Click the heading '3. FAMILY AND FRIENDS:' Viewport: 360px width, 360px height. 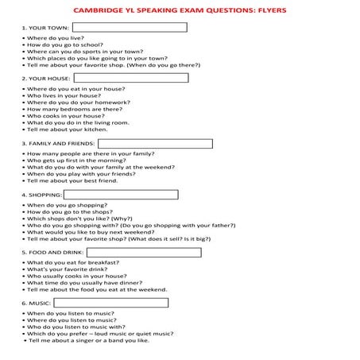pyautogui.click(x=52, y=145)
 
